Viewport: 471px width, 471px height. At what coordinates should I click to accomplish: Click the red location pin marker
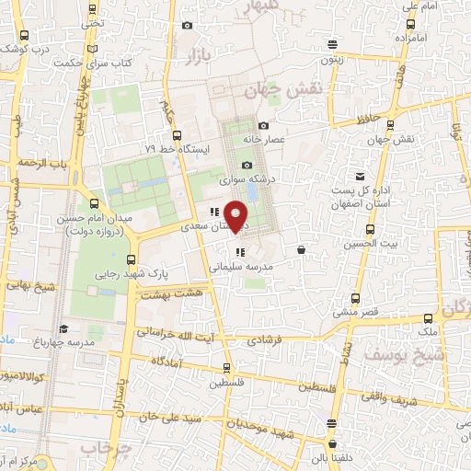(237, 214)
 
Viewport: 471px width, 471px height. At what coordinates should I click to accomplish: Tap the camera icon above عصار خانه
(264, 125)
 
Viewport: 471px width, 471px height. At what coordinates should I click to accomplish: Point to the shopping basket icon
(302, 249)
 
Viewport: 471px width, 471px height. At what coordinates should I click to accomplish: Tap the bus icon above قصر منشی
(355, 298)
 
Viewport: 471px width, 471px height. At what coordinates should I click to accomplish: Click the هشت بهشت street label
(163, 294)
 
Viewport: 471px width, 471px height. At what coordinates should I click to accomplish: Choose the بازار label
(200, 58)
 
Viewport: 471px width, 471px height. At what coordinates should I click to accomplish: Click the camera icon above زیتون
(332, 42)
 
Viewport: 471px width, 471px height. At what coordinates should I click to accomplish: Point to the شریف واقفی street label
(410, 401)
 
